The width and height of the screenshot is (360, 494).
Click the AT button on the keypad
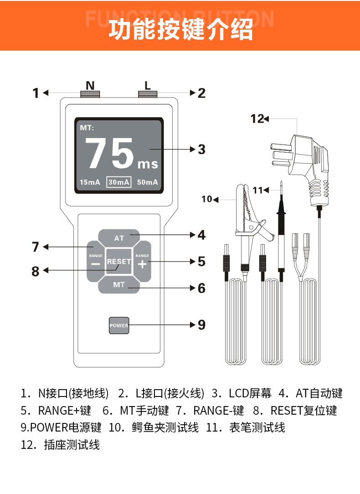(x=119, y=238)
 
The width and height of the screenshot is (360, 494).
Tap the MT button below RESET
(x=119, y=285)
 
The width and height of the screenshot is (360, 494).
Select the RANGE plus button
(x=142, y=262)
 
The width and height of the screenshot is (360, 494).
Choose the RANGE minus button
(x=96, y=262)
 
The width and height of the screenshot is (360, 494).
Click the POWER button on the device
(x=118, y=325)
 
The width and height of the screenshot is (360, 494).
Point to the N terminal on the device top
(x=90, y=94)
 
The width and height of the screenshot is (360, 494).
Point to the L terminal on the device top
(x=148, y=94)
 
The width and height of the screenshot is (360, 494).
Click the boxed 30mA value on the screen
(x=119, y=182)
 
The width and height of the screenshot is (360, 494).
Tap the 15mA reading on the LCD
(x=90, y=182)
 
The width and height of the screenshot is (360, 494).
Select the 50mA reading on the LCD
(x=148, y=182)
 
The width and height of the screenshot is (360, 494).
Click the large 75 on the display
(x=109, y=154)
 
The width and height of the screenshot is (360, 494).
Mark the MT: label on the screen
(x=87, y=128)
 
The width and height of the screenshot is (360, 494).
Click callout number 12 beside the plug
(x=257, y=119)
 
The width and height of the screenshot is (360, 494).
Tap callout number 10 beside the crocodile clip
(x=207, y=199)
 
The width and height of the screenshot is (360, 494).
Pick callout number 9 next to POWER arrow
(x=201, y=325)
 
